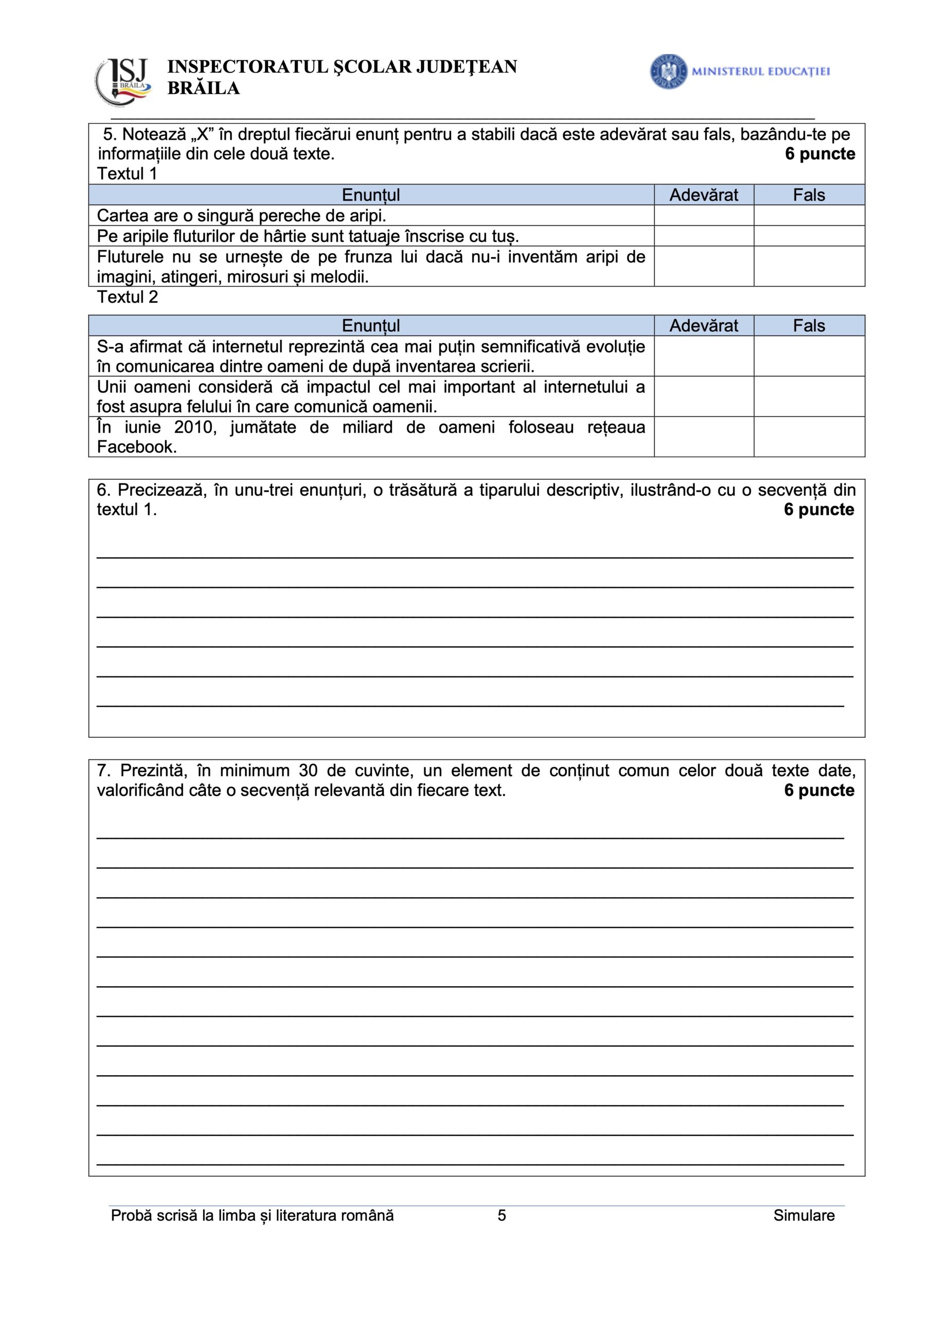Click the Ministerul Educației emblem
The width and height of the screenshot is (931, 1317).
(x=668, y=71)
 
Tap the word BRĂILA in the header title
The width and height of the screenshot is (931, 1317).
(x=203, y=88)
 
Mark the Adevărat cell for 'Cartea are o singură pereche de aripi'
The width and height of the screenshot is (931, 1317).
(x=703, y=216)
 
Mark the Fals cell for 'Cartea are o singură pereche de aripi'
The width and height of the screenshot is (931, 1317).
(x=809, y=216)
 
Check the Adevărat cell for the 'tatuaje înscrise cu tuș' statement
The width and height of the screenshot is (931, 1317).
(x=703, y=236)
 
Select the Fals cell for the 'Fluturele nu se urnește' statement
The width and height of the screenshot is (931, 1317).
(x=809, y=266)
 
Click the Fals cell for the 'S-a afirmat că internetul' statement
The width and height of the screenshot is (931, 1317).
(x=809, y=356)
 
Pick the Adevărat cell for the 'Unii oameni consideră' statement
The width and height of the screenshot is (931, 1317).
(x=703, y=396)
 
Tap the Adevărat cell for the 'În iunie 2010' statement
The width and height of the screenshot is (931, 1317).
(x=703, y=437)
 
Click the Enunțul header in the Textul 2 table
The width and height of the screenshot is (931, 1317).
(x=370, y=326)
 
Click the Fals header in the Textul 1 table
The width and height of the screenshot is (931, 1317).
(x=809, y=195)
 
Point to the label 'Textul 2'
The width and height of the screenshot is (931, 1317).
(x=128, y=297)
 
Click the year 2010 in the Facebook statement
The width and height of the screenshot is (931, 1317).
(x=195, y=428)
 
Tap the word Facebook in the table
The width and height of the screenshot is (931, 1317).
(x=136, y=447)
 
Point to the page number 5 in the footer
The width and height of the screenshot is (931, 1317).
(x=502, y=1216)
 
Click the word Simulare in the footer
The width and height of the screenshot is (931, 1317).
(x=803, y=1216)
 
